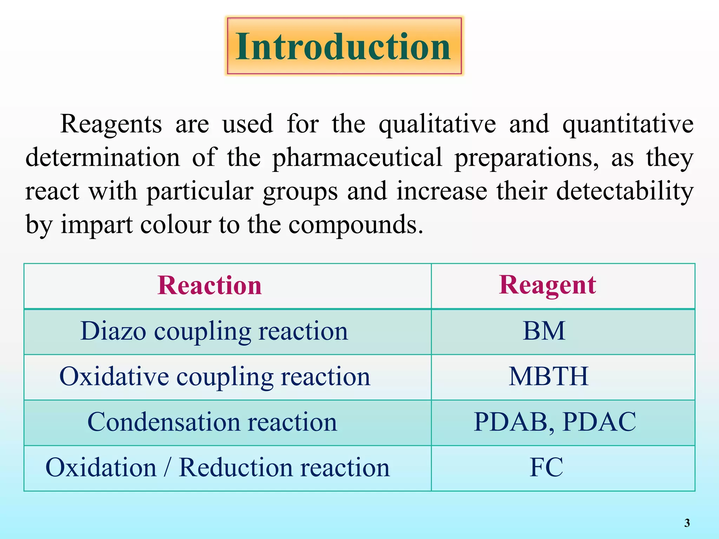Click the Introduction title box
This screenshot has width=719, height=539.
344,46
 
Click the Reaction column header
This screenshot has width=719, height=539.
210,285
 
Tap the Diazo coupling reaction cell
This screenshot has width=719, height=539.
214,331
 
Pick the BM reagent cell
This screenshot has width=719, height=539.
544,331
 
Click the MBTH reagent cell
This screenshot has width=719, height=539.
548,377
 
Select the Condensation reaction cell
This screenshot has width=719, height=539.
212,422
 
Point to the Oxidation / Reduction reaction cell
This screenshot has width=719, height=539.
218,468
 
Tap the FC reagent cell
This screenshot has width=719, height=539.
546,468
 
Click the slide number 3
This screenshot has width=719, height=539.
687,523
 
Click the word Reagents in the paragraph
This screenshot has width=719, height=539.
111,124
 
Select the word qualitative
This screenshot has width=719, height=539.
437,125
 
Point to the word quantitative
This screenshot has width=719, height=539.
628,125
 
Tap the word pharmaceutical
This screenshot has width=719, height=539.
357,158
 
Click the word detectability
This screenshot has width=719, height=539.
625,192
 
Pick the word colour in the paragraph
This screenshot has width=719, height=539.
176,225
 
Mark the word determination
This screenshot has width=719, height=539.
103,158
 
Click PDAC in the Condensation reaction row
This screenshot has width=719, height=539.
599,422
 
